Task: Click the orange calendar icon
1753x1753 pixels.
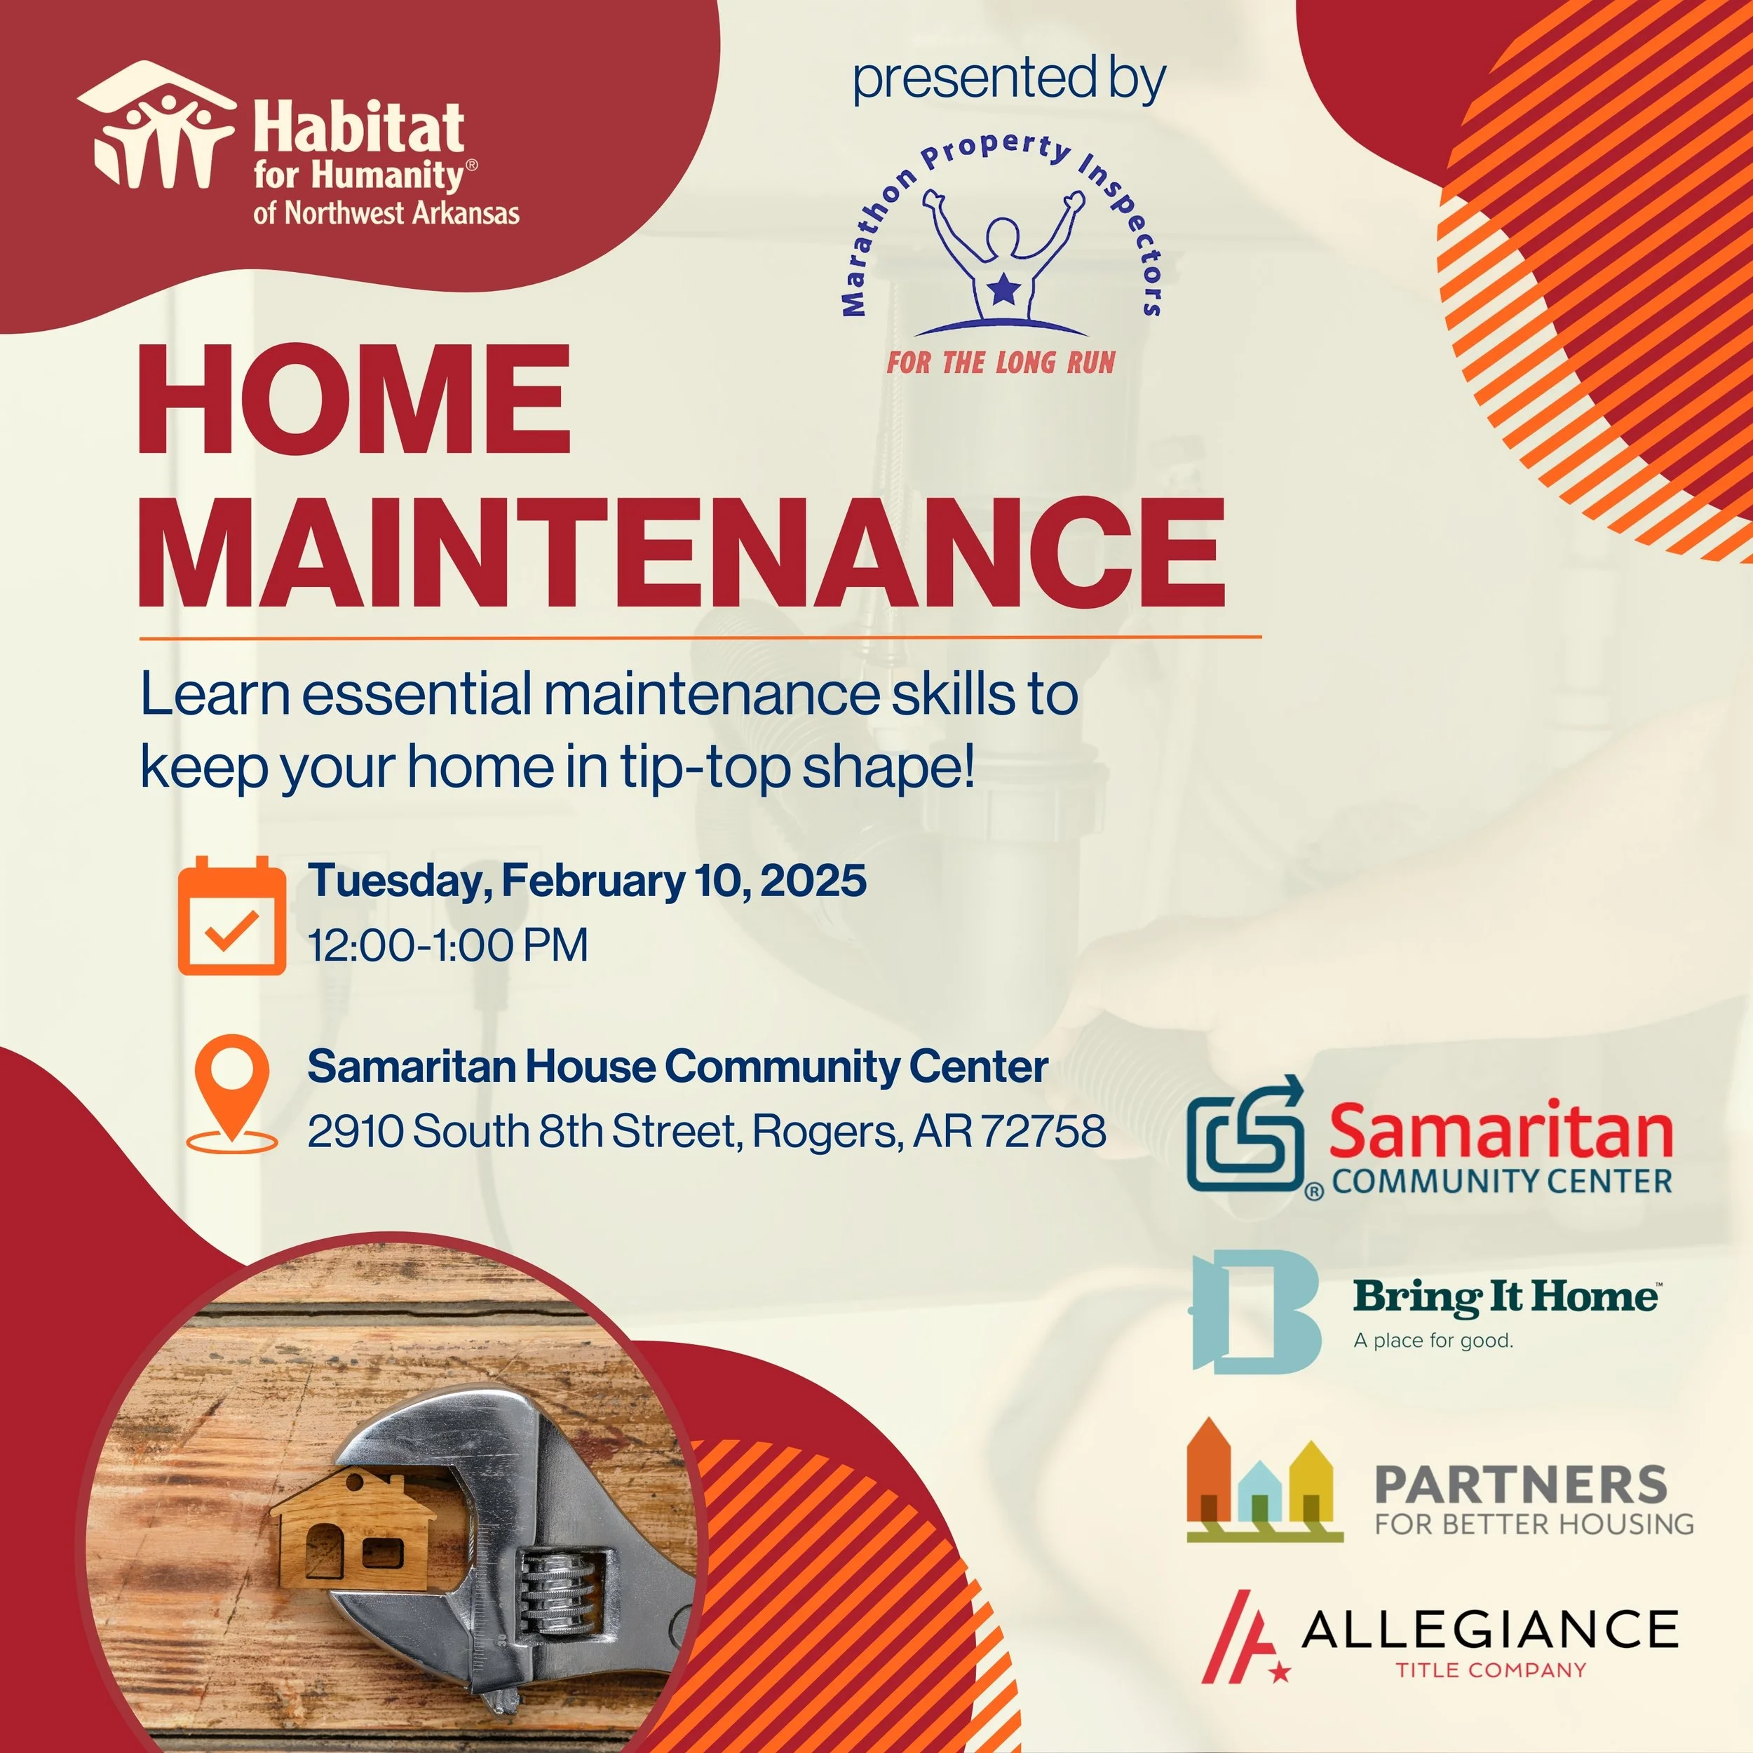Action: coord(231,916)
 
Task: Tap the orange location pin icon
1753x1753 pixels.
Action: coord(232,1092)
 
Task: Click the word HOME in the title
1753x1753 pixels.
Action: coord(354,400)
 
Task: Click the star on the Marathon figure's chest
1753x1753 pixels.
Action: coord(1003,290)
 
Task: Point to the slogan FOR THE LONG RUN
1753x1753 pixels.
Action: coord(1001,363)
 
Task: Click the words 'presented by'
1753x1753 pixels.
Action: coord(1008,80)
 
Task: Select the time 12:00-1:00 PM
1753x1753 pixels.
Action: coord(448,945)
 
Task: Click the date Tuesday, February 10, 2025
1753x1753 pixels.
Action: coord(587,880)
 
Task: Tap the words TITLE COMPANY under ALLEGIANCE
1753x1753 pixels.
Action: coord(1491,1670)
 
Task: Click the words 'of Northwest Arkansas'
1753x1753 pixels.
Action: coord(386,213)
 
